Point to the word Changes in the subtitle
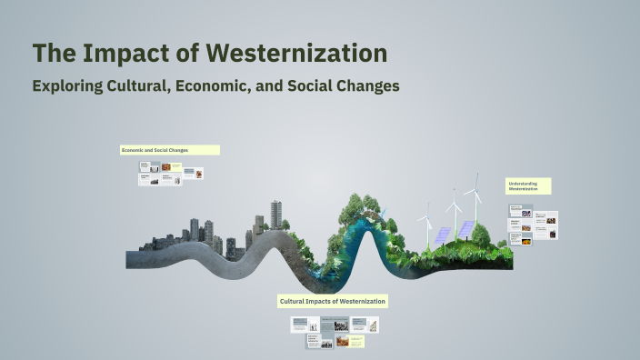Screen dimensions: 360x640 pos(365,86)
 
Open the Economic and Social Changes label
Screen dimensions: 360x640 pos(169,150)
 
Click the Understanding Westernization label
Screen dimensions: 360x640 pos(528,186)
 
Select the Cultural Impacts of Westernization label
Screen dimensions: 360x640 pos(333,301)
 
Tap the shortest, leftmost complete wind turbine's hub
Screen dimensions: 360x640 pos(426,218)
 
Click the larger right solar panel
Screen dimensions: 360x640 pos(465,227)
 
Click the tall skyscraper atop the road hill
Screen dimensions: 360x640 pos(275,215)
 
